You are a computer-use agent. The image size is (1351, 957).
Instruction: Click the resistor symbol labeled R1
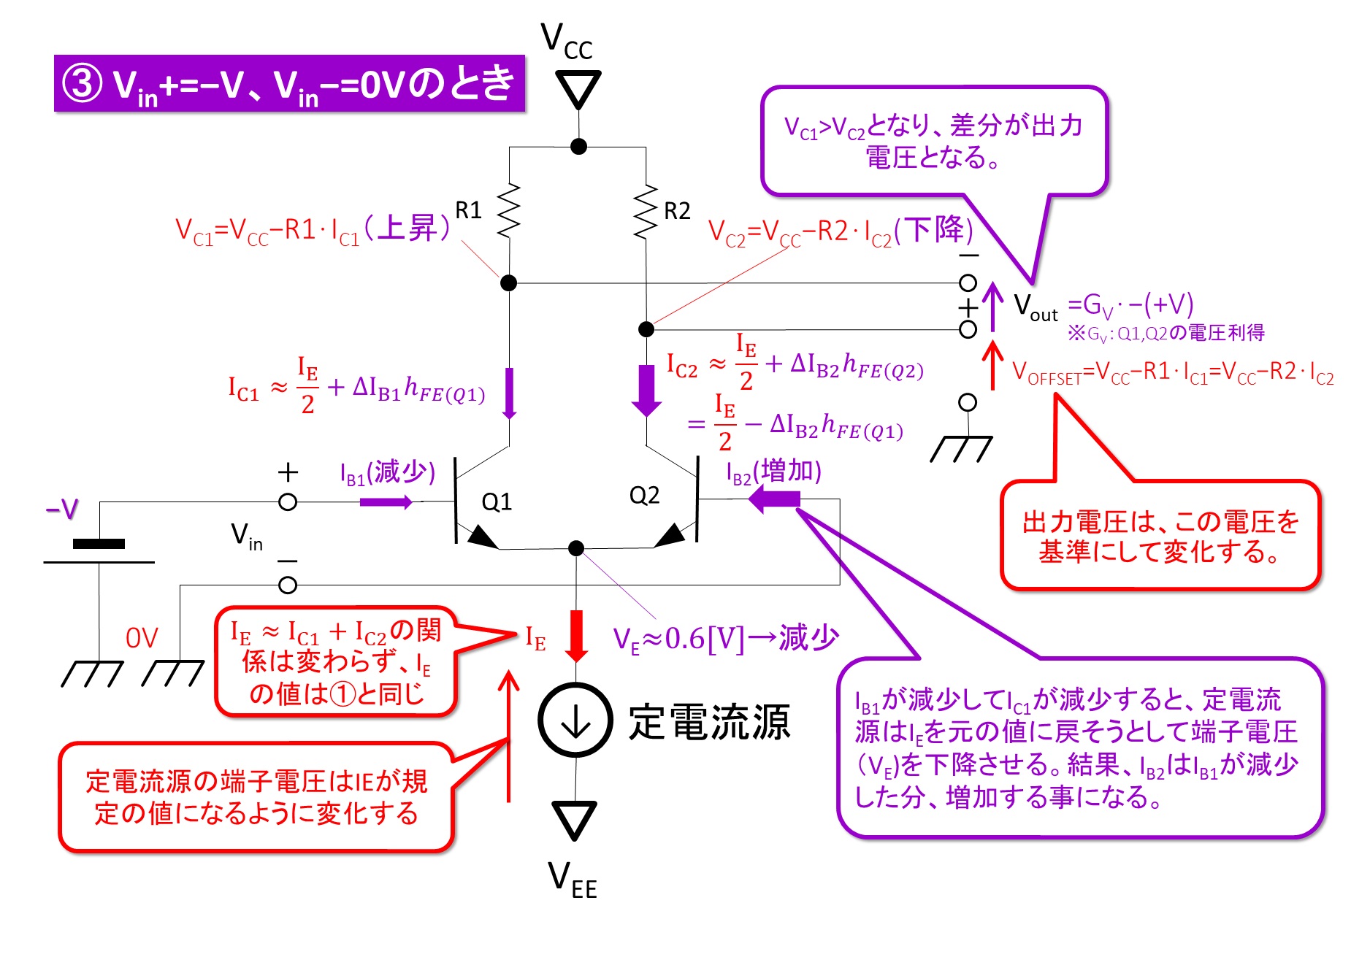pyautogui.click(x=509, y=211)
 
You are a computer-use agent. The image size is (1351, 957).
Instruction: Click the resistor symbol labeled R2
pyautogui.click(x=646, y=211)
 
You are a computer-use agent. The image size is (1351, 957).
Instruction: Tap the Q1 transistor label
pyautogui.click(x=497, y=502)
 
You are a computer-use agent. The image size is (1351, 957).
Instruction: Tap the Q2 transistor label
pyautogui.click(x=644, y=496)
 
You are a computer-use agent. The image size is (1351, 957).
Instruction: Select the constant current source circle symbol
pyautogui.click(x=575, y=720)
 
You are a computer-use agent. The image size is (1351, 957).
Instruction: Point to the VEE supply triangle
pyautogui.click(x=575, y=820)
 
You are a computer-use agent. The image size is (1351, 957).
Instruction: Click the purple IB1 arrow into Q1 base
pyautogui.click(x=386, y=501)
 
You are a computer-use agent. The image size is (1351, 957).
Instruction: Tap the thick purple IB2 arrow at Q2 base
pyautogui.click(x=775, y=499)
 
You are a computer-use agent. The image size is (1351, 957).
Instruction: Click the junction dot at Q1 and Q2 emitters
pyautogui.click(x=576, y=547)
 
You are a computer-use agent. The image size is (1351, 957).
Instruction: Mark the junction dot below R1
pyautogui.click(x=509, y=283)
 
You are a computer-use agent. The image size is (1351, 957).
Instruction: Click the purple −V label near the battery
pyautogui.click(x=62, y=509)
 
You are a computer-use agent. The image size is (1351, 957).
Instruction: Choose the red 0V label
pyautogui.click(x=142, y=638)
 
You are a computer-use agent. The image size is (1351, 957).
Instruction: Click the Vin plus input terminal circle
pyautogui.click(x=288, y=502)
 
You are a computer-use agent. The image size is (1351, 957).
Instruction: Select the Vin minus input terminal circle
pyautogui.click(x=288, y=585)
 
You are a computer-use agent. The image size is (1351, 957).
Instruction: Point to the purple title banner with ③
pyautogui.click(x=289, y=83)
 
